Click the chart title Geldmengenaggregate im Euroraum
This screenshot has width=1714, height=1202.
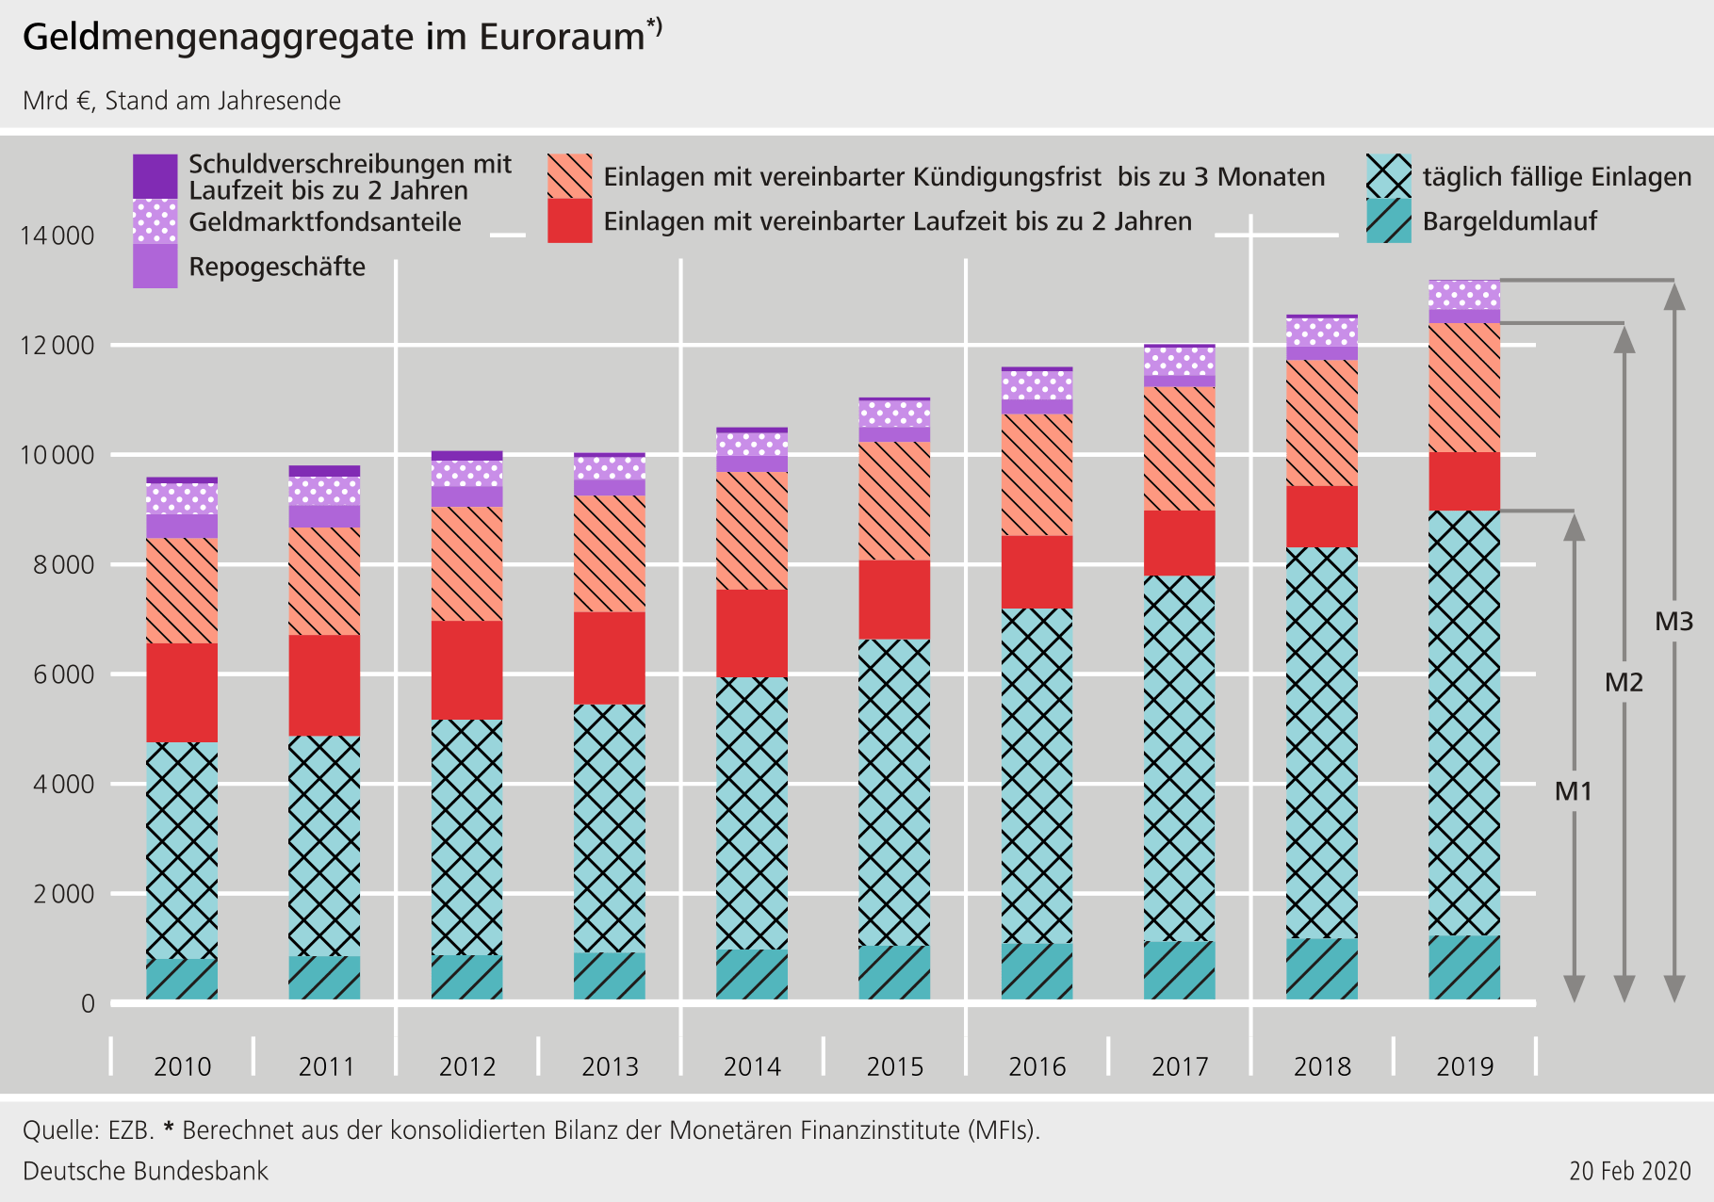coord(335,38)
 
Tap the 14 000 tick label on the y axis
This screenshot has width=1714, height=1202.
coord(57,236)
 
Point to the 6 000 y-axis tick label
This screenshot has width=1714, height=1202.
coord(57,674)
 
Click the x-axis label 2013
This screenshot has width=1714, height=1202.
coord(610,1066)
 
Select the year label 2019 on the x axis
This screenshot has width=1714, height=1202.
coord(1464,1066)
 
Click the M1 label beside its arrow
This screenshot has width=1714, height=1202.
coord(1573,791)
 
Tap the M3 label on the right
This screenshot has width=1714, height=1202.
coord(1673,622)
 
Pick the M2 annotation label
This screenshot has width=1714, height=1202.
coord(1624,682)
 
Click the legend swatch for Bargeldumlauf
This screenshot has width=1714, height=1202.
coord(1389,221)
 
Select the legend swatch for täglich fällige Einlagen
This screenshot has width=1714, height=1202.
coord(1389,176)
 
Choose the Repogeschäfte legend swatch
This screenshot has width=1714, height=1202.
coord(155,267)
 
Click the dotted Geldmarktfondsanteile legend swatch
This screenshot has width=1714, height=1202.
coord(155,221)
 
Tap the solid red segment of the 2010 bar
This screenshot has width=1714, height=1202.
coord(182,692)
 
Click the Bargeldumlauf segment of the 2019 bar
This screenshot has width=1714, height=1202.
coord(1464,967)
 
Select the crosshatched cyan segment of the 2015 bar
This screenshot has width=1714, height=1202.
coord(894,791)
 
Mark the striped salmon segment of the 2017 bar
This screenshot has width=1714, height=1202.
coord(1179,448)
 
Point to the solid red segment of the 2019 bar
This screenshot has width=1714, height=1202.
coord(1464,481)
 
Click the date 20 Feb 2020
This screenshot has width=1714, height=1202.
coord(1630,1171)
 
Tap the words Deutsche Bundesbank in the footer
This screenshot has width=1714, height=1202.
coord(145,1171)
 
